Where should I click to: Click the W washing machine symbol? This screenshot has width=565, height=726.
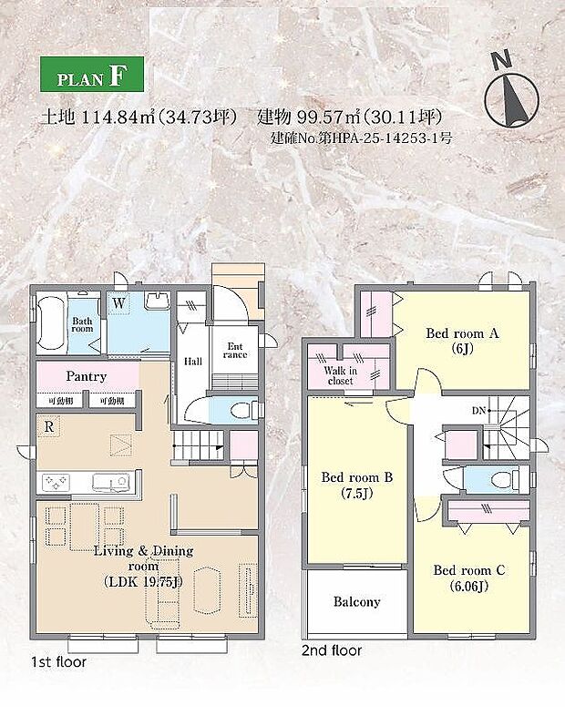click(x=119, y=302)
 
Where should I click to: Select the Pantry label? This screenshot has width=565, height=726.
click(x=87, y=376)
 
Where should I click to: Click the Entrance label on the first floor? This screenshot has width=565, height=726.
click(x=235, y=349)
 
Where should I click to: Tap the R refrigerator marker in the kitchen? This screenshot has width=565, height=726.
click(x=46, y=424)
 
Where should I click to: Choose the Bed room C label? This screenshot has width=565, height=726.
click(x=469, y=578)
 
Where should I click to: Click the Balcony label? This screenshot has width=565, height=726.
click(x=356, y=602)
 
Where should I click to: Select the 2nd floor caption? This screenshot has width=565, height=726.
click(x=332, y=651)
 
